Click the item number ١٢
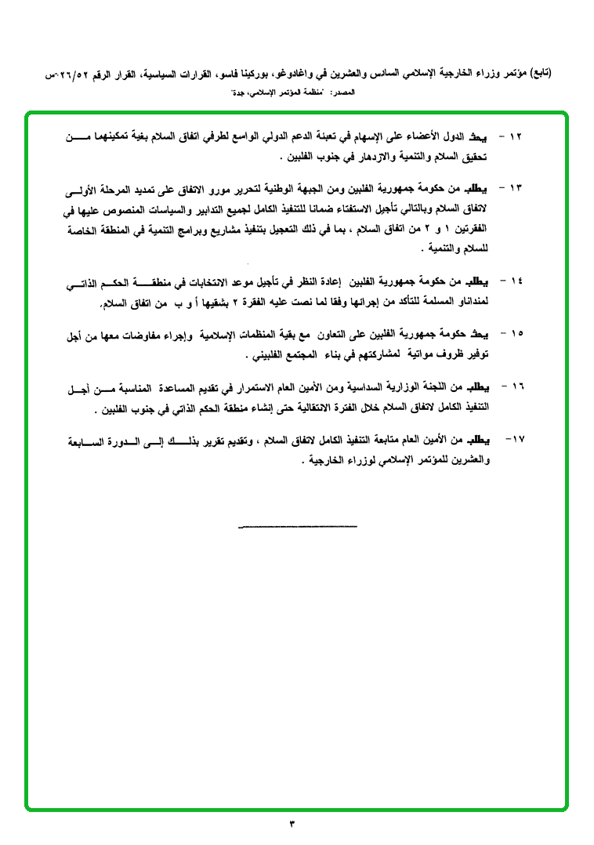pos(516,137)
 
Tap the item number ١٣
pos(516,189)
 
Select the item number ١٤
pos(516,281)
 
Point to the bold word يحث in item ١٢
pos(487,137)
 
